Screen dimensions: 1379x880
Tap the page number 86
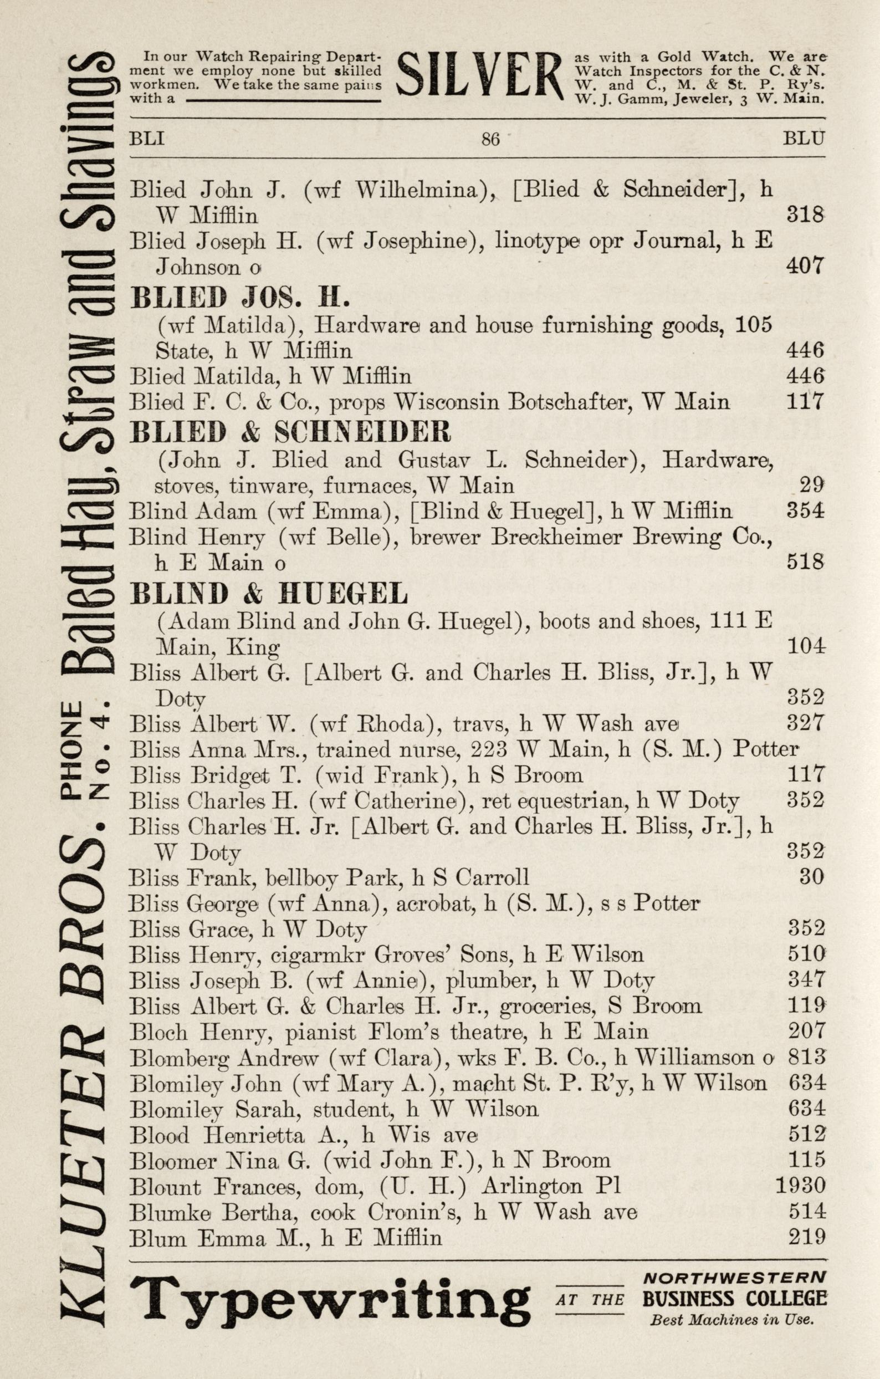(490, 139)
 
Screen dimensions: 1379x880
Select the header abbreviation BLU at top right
(804, 138)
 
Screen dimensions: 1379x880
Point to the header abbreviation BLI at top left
(147, 139)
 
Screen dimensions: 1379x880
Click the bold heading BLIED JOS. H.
(240, 298)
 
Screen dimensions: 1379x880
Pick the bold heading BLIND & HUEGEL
(269, 594)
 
